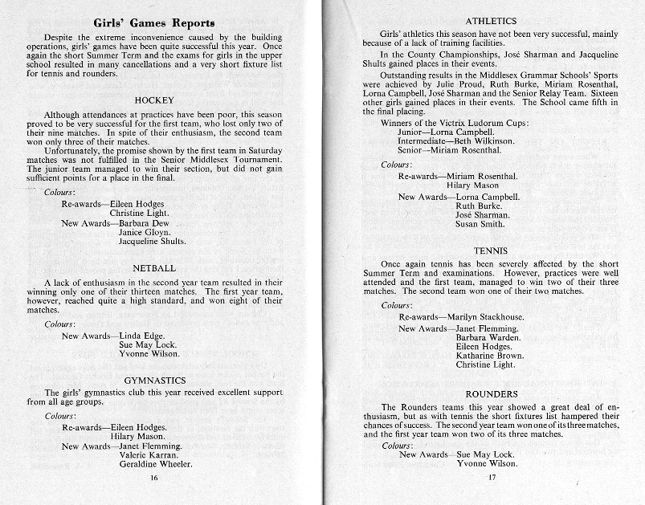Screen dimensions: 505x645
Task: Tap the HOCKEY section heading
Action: pos(155,100)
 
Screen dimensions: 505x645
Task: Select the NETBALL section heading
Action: pos(155,267)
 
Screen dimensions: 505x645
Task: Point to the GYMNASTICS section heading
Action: pos(155,380)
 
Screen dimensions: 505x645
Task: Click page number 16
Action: pos(155,477)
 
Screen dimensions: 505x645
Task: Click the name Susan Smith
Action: pos(480,225)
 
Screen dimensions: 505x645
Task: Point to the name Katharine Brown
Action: pos(489,355)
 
